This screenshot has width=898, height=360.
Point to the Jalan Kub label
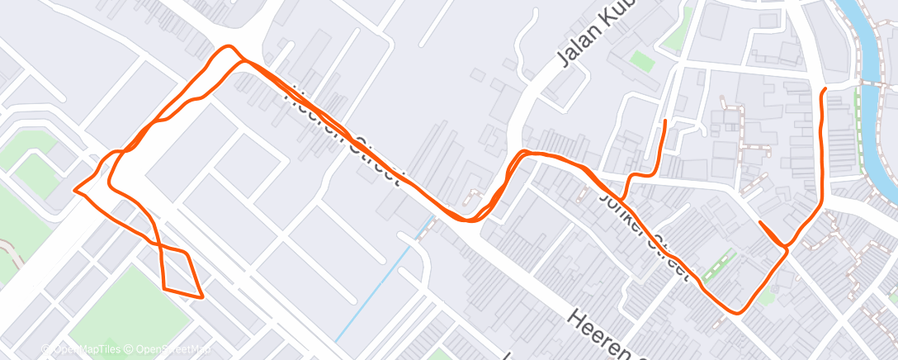(x=593, y=38)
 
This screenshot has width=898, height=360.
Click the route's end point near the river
(x=823, y=88)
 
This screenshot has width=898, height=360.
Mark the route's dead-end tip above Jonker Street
(x=665, y=121)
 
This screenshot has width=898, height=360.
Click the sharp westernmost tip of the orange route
(x=76, y=189)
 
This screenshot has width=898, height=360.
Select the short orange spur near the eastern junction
(x=769, y=233)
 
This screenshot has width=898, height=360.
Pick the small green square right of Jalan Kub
(x=641, y=60)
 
